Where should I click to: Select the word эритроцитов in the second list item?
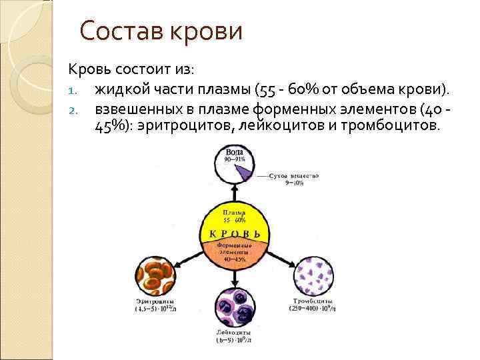185,126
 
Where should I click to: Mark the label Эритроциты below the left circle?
155,302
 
